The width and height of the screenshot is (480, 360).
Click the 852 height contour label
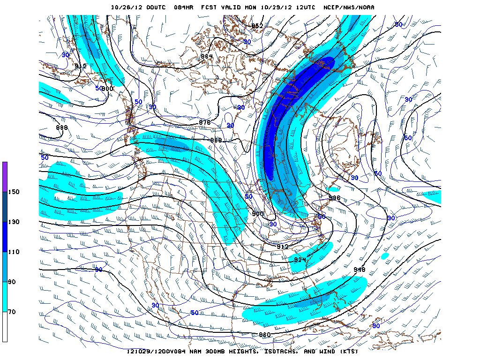(257, 26)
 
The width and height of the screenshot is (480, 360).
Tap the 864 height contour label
(207, 56)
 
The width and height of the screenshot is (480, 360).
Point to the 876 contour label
(205, 122)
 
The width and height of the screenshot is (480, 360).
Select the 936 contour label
(334, 198)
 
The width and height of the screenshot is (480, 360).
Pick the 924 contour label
(300, 259)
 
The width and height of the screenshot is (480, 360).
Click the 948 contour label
(360, 270)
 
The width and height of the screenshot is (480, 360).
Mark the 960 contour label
(265, 335)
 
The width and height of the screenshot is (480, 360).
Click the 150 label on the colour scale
(13, 192)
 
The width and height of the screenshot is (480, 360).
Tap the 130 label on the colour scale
(13, 222)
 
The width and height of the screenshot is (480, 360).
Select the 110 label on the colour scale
(13, 252)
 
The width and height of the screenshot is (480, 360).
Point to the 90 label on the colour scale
(12, 282)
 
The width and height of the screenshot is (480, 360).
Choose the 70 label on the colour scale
(12, 312)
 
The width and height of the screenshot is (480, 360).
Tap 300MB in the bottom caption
(212, 352)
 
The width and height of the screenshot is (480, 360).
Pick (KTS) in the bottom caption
(347, 352)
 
